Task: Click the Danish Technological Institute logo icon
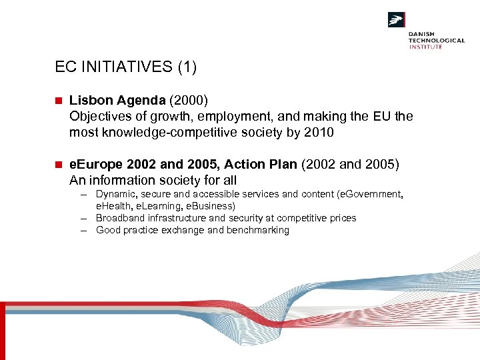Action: [397, 20]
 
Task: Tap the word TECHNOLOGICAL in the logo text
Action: [437, 40]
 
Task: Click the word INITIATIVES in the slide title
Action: [124, 67]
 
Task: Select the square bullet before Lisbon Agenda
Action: [58, 101]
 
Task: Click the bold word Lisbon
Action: [89, 100]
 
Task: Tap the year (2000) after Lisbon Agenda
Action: [189, 100]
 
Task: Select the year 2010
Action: [319, 132]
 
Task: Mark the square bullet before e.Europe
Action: [58, 164]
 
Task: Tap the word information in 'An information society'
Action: [121, 180]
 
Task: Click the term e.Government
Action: [369, 194]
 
